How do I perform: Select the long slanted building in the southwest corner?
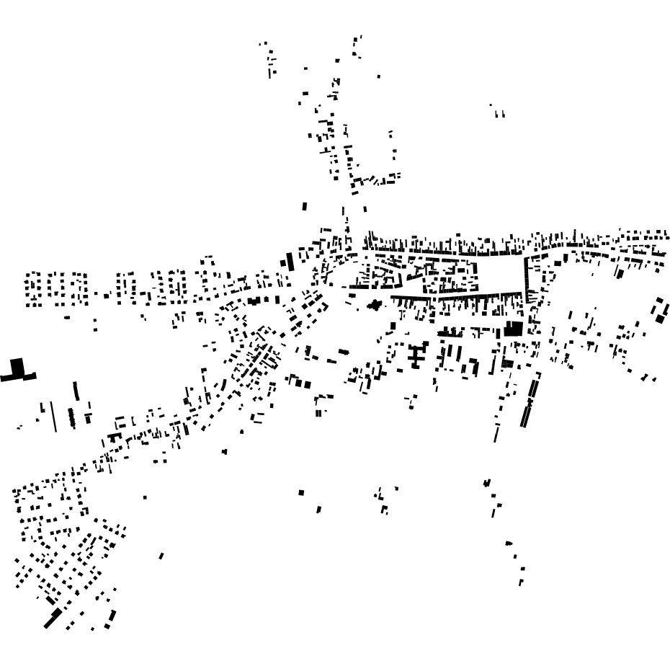tap(53, 618)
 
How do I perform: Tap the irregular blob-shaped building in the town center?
tap(374, 305)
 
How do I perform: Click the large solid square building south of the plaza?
tap(514, 329)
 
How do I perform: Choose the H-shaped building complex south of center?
tap(416, 355)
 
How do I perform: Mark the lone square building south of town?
tap(301, 493)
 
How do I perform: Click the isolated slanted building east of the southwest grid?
tap(161, 556)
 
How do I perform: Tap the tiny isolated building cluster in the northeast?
tap(499, 112)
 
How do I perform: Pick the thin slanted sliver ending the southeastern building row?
tap(496, 433)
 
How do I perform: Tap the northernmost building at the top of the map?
tap(358, 38)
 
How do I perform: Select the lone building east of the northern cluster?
tap(379, 76)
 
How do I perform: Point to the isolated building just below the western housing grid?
tap(67, 317)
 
